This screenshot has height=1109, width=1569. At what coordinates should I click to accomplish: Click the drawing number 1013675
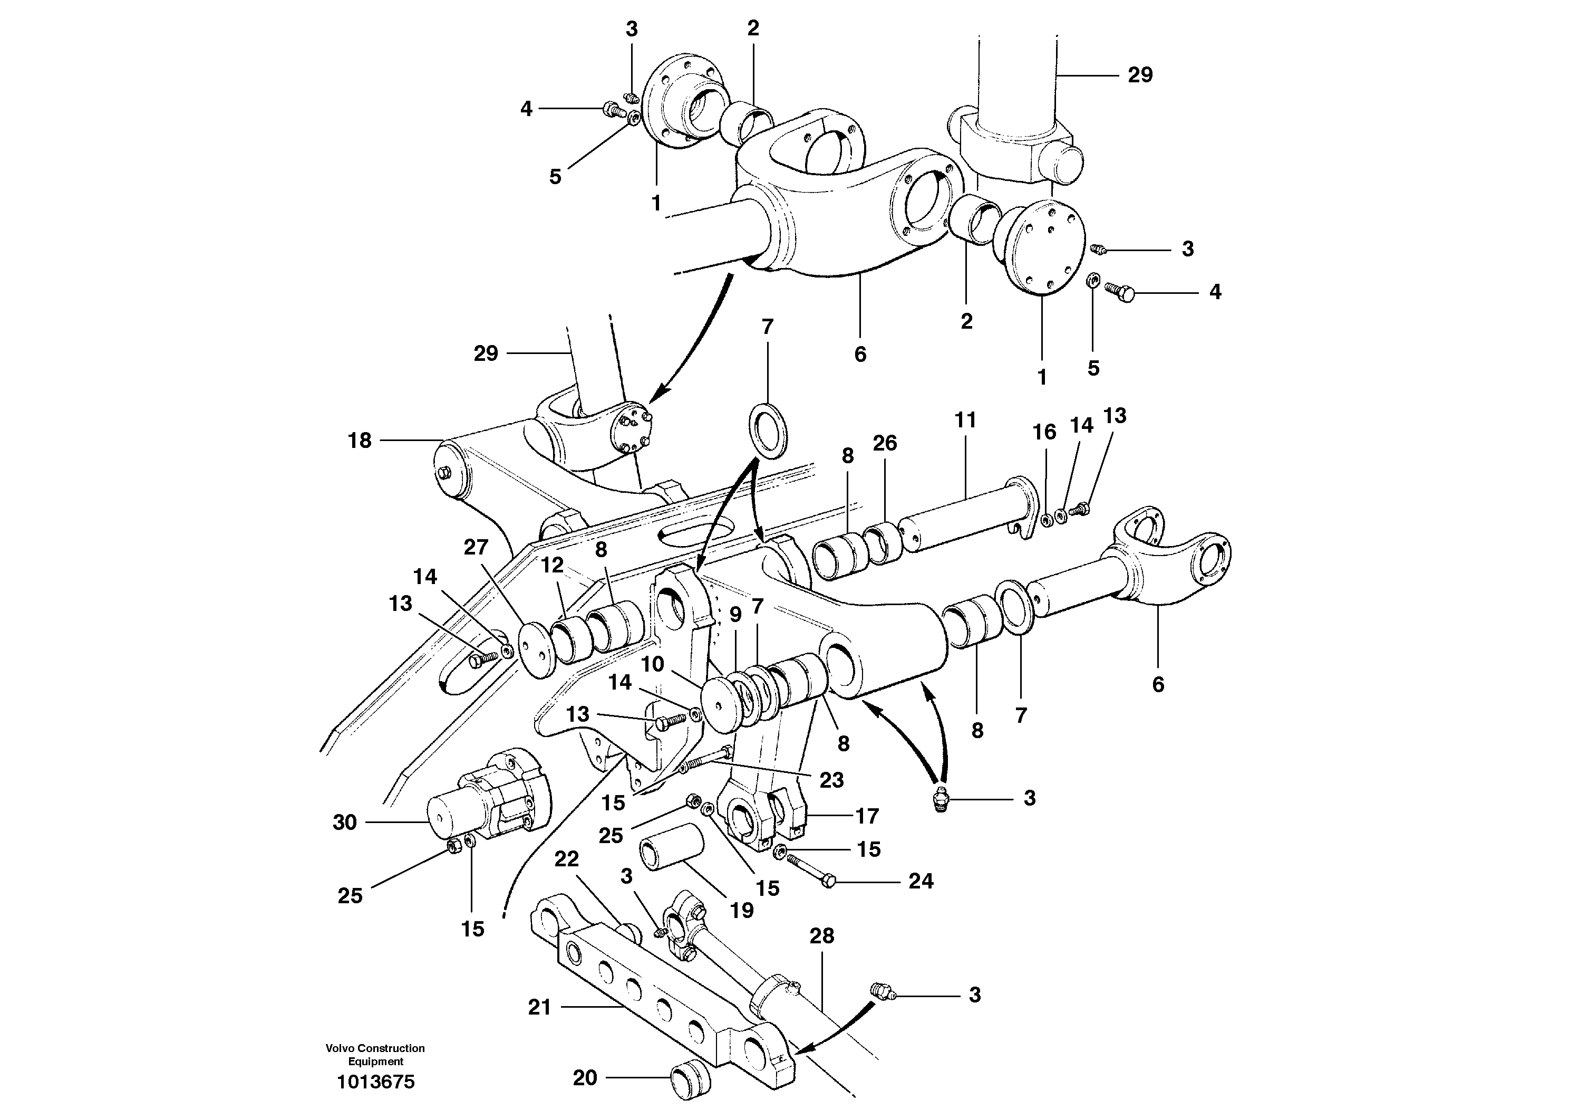375,1082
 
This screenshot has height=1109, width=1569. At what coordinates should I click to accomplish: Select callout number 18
360,441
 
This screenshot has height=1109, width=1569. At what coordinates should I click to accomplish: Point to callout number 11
965,420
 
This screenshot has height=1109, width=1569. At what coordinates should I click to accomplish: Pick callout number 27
476,547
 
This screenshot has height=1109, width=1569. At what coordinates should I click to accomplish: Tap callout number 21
539,1007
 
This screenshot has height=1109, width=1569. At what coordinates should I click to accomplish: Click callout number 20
585,1078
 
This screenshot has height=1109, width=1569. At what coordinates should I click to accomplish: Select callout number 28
821,936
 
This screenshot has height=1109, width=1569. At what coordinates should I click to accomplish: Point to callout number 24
921,881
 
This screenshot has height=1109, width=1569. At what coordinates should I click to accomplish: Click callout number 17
867,816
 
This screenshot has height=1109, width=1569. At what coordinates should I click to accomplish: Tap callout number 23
831,780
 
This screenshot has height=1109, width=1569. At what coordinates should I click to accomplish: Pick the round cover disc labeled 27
536,649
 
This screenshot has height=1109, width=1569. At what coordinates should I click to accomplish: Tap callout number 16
1044,432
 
